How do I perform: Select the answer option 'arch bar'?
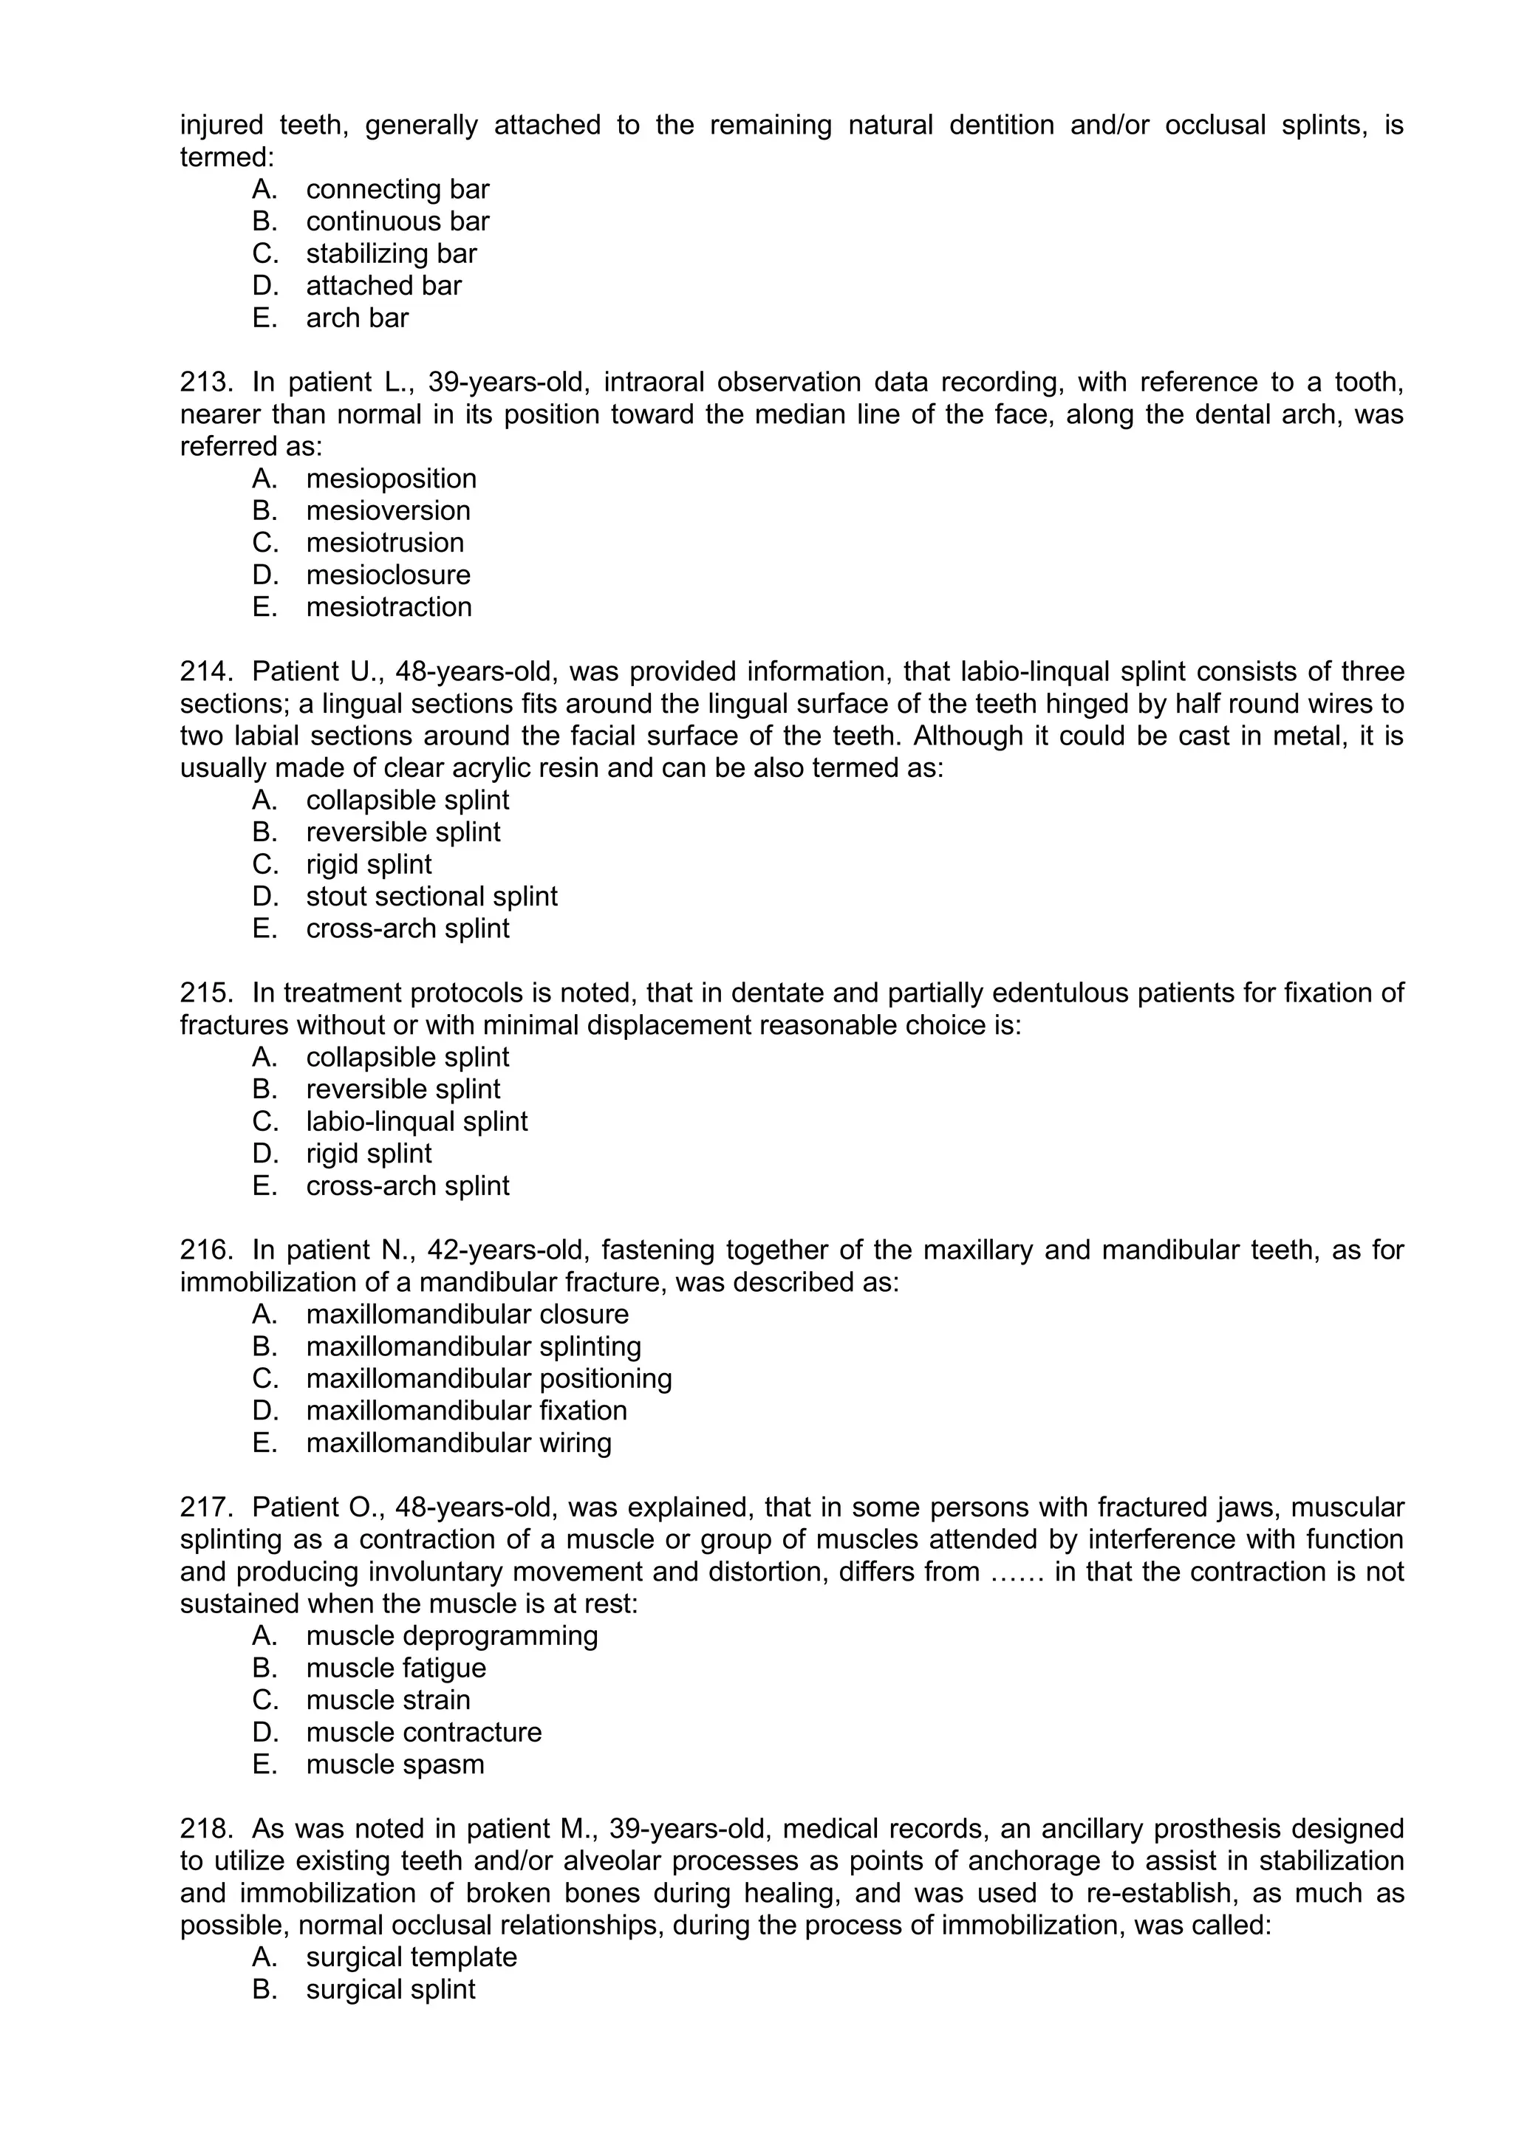(357, 318)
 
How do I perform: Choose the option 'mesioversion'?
(388, 510)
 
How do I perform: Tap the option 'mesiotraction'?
(389, 606)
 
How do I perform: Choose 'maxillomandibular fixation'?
(466, 1411)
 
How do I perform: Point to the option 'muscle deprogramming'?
(452, 1635)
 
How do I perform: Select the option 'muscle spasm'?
(395, 1764)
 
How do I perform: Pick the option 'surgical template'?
(411, 1957)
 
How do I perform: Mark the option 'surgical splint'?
(390, 1989)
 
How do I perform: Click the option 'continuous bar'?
(397, 221)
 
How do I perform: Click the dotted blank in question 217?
(1017, 1572)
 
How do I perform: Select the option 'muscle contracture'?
(424, 1732)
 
